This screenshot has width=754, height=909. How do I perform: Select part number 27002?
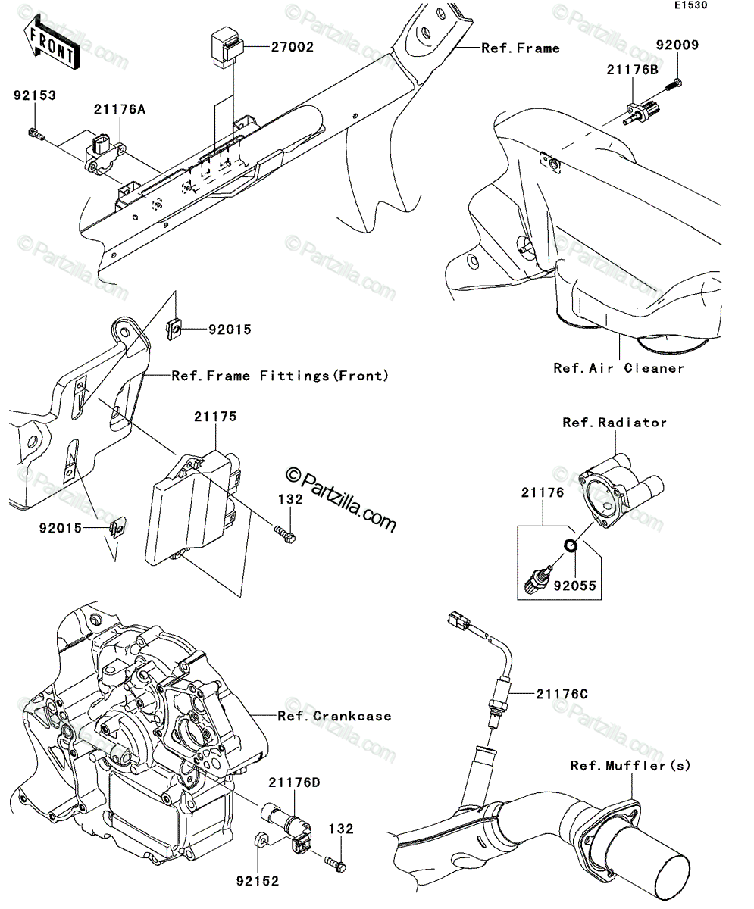click(x=293, y=47)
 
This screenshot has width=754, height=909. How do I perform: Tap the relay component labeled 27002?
click(x=227, y=45)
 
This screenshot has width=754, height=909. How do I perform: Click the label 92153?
click(x=35, y=95)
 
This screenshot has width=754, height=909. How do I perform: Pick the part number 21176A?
click(x=120, y=109)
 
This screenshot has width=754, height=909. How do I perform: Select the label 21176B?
click(x=633, y=70)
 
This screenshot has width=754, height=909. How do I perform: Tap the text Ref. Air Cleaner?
click(x=618, y=368)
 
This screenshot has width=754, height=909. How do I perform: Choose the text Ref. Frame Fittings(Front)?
click(x=280, y=376)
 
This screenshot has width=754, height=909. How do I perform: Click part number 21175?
click(x=215, y=417)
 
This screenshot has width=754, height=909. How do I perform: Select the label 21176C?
click(x=562, y=694)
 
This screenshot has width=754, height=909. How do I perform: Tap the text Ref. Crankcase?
click(x=334, y=716)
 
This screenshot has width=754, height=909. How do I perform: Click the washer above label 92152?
click(x=261, y=839)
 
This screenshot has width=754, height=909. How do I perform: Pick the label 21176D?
click(x=294, y=782)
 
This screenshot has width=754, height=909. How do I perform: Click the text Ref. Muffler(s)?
click(x=630, y=765)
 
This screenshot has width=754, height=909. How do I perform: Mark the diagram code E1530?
click(x=691, y=5)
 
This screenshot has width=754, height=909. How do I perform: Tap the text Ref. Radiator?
click(x=615, y=423)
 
